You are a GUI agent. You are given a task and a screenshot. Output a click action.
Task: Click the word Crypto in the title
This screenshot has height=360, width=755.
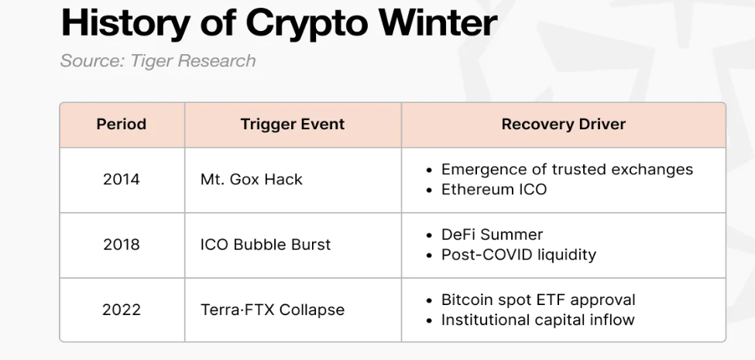[x=307, y=23]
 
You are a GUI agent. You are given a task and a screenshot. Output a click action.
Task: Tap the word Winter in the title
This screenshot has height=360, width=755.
[x=438, y=22]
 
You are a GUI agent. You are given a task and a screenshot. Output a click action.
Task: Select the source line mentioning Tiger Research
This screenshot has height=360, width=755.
[x=158, y=61]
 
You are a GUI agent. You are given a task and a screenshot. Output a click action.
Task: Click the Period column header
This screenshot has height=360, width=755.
[x=122, y=124]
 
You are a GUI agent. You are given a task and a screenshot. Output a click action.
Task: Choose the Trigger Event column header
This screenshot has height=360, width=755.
[x=293, y=124]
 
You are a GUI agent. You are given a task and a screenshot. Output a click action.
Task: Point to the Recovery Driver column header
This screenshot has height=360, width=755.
[x=564, y=124]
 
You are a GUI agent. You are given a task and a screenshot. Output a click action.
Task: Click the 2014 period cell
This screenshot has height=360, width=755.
[x=122, y=180]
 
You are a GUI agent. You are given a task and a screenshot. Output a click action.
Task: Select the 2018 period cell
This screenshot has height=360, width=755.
[x=122, y=245]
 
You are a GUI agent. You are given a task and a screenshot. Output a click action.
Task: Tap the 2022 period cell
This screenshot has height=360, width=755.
[x=122, y=310]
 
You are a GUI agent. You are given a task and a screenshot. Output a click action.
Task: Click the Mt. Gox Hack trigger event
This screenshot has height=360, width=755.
[x=252, y=180]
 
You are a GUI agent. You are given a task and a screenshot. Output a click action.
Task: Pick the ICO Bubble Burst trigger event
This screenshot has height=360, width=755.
[x=266, y=245]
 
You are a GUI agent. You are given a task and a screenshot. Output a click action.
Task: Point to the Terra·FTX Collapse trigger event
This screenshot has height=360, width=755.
[x=273, y=310]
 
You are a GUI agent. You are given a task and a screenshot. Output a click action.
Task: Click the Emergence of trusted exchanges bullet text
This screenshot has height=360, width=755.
[x=567, y=170]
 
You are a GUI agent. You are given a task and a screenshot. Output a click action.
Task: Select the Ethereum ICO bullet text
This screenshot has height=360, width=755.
[x=494, y=189]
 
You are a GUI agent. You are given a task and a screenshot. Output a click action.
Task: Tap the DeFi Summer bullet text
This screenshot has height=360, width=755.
[x=492, y=235]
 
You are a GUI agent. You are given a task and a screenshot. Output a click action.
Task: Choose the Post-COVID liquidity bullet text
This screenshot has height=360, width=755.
[x=519, y=255]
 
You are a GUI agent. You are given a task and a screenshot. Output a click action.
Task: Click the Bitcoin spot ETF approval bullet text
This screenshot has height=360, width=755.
[x=538, y=300]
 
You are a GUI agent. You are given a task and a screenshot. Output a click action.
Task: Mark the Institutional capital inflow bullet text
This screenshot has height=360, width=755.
[x=538, y=320]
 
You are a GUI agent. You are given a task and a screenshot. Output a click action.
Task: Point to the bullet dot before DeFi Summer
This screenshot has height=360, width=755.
[x=430, y=235]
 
